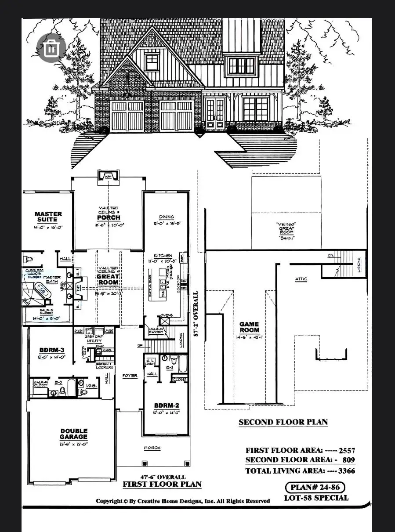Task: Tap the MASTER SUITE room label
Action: click(48, 217)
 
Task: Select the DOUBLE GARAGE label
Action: click(74, 434)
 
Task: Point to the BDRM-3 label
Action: click(52, 350)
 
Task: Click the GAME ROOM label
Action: click(249, 327)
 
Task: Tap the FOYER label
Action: click(130, 376)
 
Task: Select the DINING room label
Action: click(167, 217)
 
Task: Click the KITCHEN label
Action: click(163, 255)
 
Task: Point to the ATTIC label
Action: click(301, 279)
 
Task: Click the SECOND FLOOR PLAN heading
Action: click(283, 422)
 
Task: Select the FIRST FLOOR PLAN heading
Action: click(162, 485)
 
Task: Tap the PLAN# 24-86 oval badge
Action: click(315, 487)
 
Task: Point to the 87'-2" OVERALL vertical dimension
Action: click(196, 313)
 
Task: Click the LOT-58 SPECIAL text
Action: click(316, 498)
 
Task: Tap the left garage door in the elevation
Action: click(127, 116)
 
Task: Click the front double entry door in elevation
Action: click(215, 115)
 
